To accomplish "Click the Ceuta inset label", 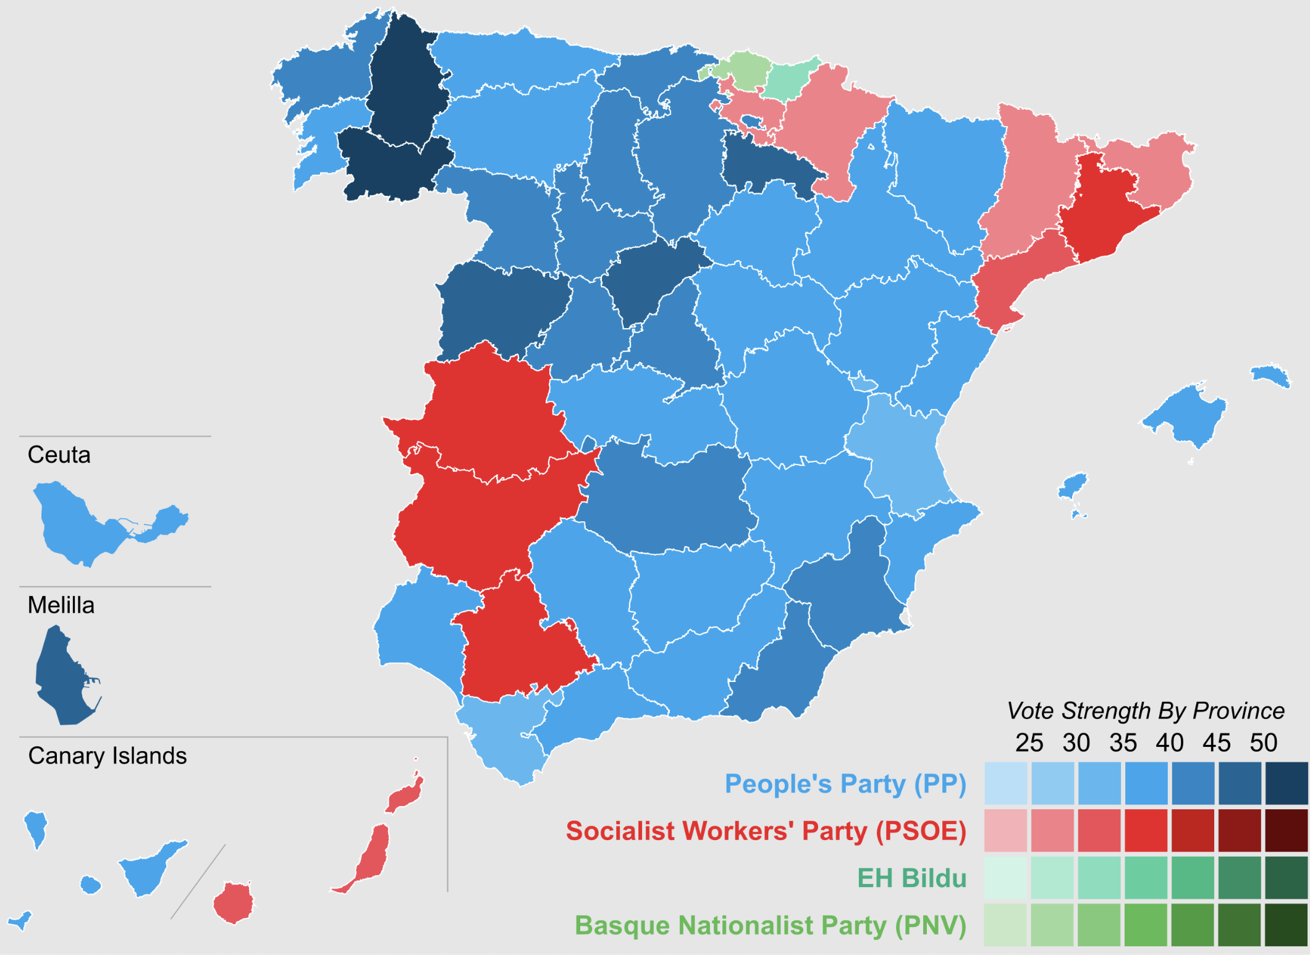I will click(x=59, y=455).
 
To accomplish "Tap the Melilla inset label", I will click(x=61, y=605).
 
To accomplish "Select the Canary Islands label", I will click(x=108, y=756).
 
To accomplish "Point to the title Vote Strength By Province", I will click(x=1146, y=711).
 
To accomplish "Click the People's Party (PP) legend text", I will click(x=845, y=784).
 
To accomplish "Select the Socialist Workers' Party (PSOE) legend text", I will click(x=766, y=831).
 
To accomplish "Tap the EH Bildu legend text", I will click(x=912, y=878).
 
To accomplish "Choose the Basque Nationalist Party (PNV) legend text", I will click(x=771, y=926).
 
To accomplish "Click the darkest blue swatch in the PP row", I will click(x=1287, y=783).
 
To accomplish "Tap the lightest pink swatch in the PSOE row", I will click(x=1006, y=831).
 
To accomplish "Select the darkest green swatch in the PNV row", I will click(x=1287, y=925).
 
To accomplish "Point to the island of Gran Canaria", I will click(x=234, y=903).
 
